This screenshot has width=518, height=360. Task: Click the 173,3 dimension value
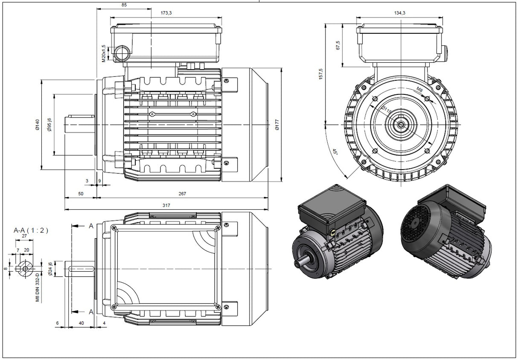click(x=166, y=13)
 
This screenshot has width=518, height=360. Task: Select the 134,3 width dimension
click(x=400, y=13)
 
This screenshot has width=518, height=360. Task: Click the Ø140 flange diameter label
click(x=37, y=124)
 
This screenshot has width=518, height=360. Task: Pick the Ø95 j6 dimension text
click(x=49, y=125)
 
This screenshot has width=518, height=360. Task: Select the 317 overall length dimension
click(x=166, y=205)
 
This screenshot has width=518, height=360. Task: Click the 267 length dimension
click(x=182, y=193)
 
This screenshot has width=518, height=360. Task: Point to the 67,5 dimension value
click(x=338, y=46)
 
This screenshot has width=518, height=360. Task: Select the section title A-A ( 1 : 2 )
click(x=31, y=230)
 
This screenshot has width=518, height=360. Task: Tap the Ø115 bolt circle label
click(x=387, y=111)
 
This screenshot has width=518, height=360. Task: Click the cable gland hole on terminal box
click(x=122, y=53)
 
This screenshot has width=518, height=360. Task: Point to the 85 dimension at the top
click(x=124, y=5)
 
